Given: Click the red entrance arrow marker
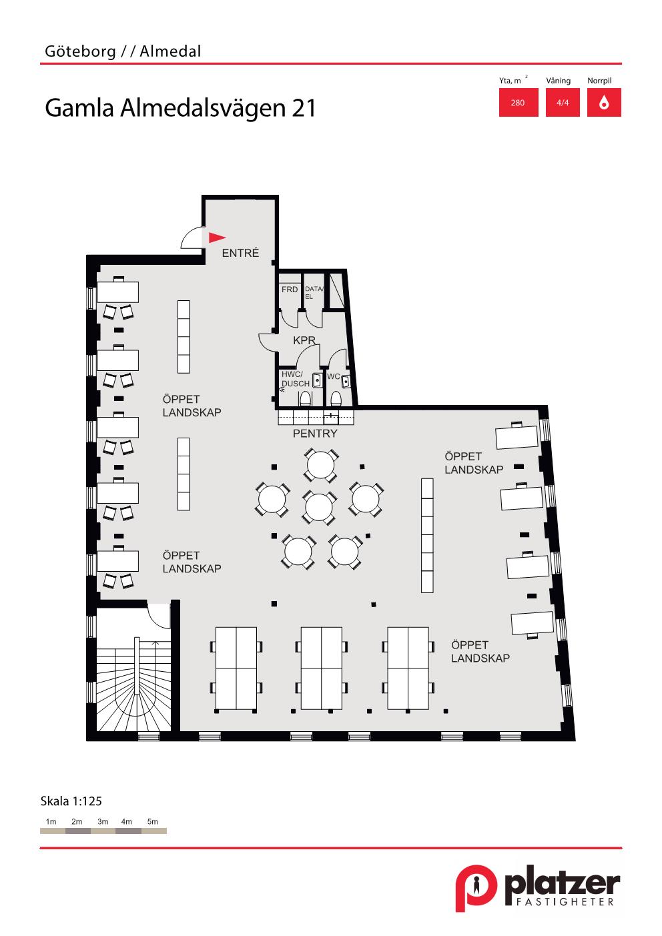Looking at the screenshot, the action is [x=217, y=238].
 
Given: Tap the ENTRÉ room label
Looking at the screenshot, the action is [x=240, y=253].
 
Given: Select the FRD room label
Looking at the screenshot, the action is [x=289, y=289].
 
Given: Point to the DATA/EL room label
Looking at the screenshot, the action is [x=314, y=292].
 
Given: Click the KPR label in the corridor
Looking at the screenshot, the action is [x=304, y=340].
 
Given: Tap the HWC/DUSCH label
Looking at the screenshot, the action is [x=296, y=379].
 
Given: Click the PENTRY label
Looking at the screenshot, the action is [x=315, y=434].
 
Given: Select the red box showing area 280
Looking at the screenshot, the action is [x=519, y=102].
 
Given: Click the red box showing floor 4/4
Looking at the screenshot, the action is [x=563, y=102].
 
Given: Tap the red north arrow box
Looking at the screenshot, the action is [x=604, y=102].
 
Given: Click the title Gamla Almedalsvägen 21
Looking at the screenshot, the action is [x=180, y=108].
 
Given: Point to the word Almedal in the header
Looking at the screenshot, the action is [x=170, y=51].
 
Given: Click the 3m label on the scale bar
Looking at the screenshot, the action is [x=103, y=821].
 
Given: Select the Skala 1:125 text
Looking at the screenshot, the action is [x=71, y=801].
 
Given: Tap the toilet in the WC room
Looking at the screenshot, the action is [x=336, y=398].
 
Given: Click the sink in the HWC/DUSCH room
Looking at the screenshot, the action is [x=317, y=380].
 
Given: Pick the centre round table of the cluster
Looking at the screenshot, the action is [x=319, y=507].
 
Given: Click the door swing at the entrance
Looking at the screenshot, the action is [x=192, y=237].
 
